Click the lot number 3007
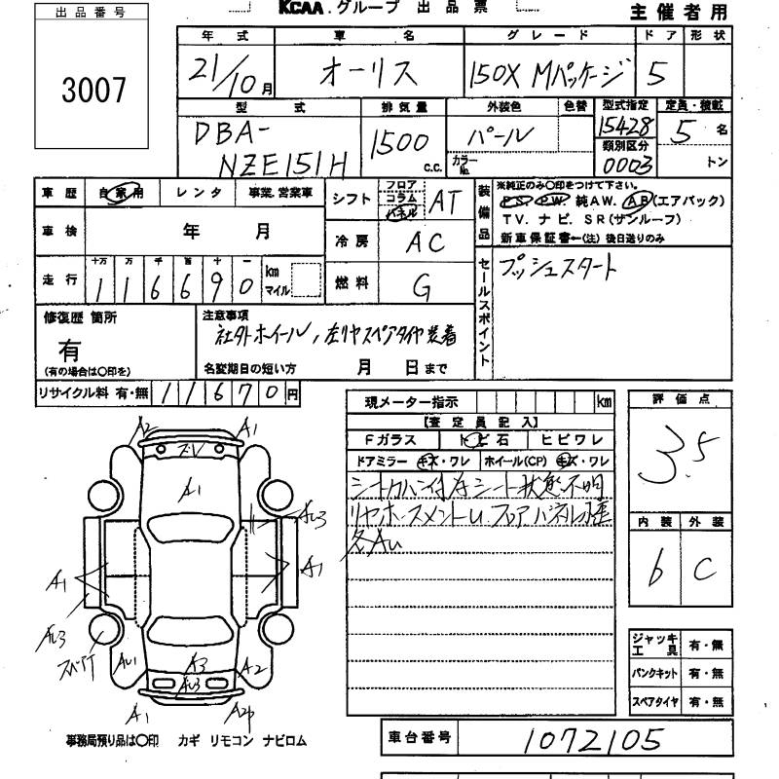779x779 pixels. coord(93,90)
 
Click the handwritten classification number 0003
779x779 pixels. coord(627,162)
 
